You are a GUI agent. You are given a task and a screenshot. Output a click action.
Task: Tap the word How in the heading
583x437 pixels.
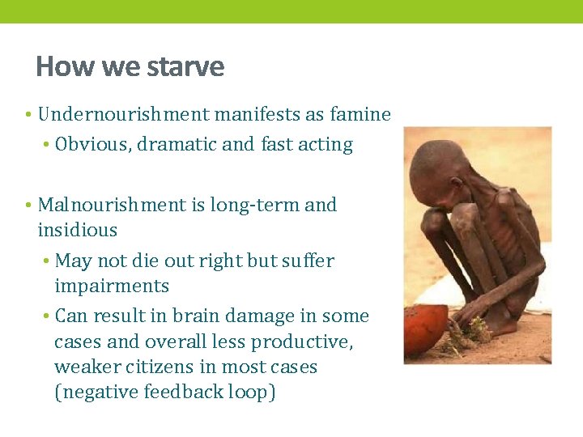[x=55, y=66]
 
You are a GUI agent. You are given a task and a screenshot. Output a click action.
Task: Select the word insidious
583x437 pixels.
[x=78, y=230]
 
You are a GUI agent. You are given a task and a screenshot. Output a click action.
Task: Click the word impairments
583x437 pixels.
[x=112, y=286]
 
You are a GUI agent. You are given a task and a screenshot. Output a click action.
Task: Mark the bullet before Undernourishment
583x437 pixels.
[x=28, y=115]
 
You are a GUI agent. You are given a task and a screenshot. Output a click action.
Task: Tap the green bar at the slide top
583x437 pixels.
[x=291, y=11]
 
